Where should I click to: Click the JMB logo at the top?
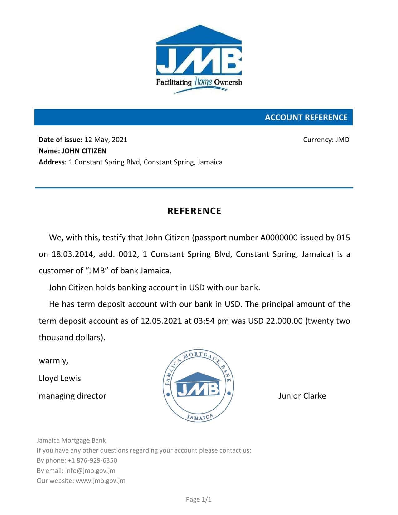199,59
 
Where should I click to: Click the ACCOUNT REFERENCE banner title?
306,117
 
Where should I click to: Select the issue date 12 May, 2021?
106,140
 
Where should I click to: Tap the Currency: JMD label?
326,140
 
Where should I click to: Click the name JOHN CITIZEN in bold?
84,151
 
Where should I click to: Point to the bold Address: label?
52,162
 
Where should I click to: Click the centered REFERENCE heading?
194,211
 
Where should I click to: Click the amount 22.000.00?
284,321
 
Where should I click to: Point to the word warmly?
53,361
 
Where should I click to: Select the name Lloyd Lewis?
60,378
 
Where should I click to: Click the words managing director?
72,396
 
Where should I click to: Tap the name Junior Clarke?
302,396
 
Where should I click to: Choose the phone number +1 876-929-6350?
92,460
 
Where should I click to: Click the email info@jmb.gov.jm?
90,471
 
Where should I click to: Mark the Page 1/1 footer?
199,499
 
